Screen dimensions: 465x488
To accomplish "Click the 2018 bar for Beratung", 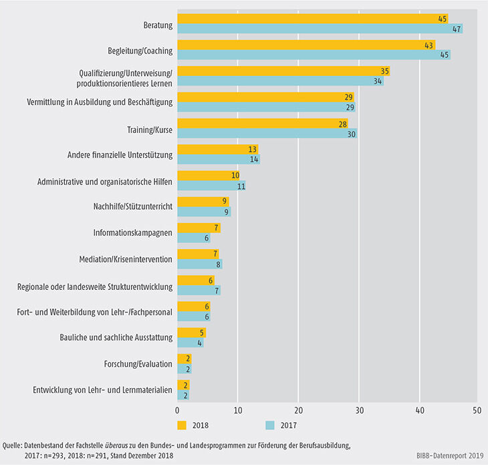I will point(312,19).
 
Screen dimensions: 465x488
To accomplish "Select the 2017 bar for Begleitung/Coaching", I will point(314,55).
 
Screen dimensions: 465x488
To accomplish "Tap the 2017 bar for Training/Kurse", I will point(267,133).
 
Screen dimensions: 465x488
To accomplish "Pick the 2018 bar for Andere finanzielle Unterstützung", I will point(217,150).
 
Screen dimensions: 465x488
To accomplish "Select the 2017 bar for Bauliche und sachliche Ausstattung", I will point(190,343).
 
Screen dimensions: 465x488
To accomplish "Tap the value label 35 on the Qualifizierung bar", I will point(384,71).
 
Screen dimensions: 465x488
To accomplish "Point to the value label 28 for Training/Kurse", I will point(342,123).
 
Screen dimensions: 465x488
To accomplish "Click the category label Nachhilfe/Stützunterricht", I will point(133,207).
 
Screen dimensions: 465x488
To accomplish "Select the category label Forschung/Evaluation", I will point(140,364).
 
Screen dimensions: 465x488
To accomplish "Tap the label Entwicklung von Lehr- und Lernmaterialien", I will point(102,390).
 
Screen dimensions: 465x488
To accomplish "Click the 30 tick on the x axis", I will point(359,410).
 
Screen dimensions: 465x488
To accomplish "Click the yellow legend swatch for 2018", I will point(182,425).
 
